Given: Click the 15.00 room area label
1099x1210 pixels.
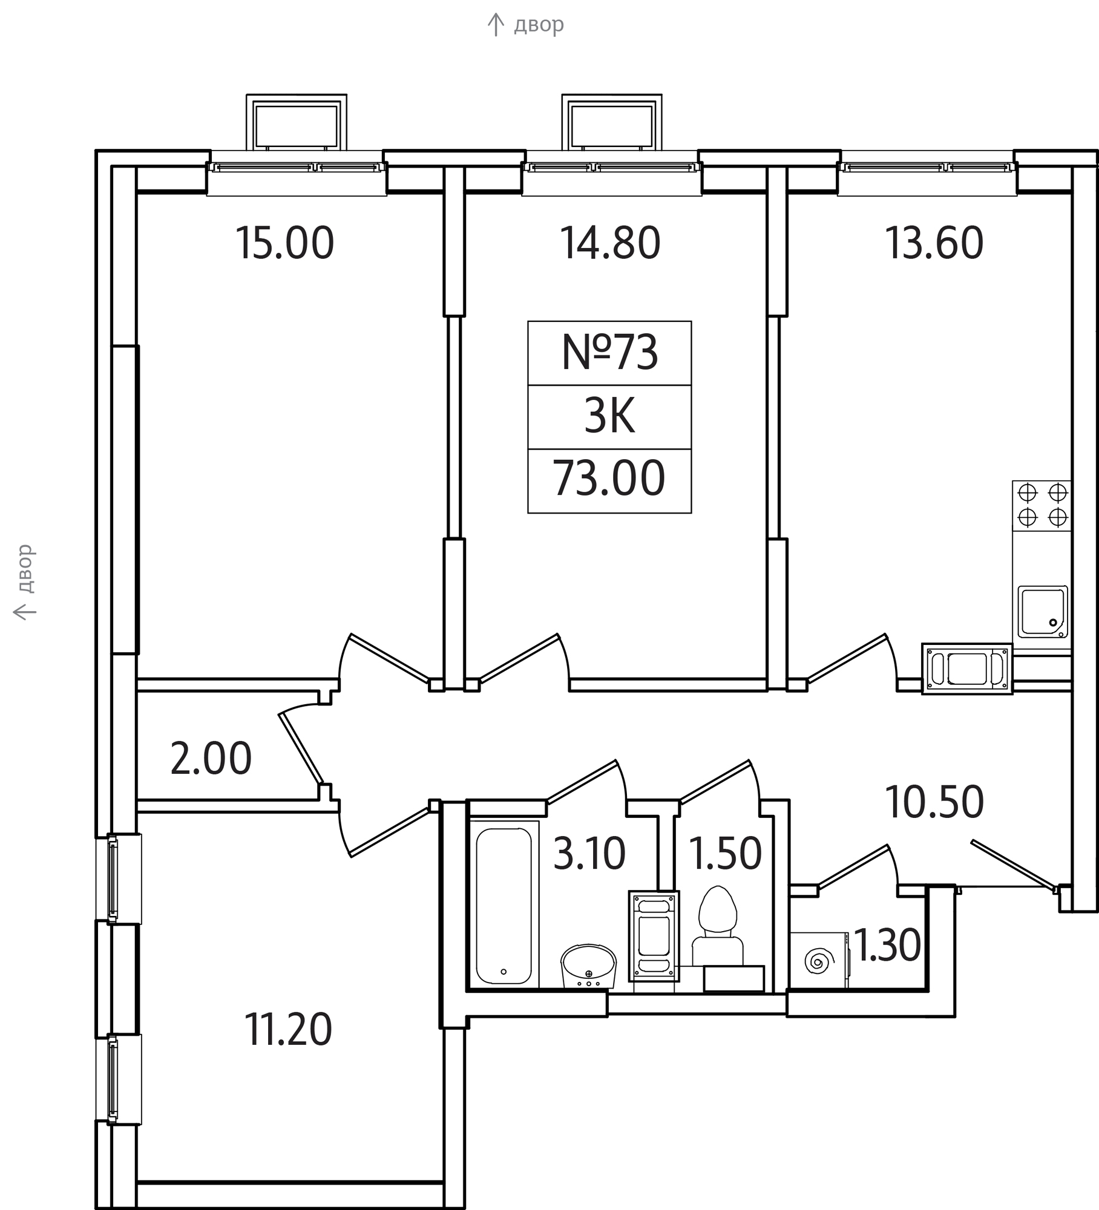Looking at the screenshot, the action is coord(284,243).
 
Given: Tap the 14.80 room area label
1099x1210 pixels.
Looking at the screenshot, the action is coord(610,243).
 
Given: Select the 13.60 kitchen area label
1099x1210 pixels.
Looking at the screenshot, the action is coord(934,243).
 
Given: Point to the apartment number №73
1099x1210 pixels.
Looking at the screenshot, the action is coord(609,353).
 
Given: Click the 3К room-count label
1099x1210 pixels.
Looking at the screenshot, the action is coord(609,417).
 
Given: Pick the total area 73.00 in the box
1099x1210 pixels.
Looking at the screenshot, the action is coord(609,479).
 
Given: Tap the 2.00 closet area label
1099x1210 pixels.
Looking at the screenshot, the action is coord(211,759).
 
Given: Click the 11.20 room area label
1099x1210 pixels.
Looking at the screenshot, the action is coord(288,1030).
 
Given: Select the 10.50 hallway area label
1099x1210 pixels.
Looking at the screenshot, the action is coord(934,802).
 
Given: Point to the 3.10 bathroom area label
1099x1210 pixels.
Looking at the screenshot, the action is coord(589,854).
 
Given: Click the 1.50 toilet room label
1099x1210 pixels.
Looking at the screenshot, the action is coord(725,854).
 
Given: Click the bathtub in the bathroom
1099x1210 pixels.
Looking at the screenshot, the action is coord(504,904).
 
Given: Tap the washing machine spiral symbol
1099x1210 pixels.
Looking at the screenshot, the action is coord(819,961).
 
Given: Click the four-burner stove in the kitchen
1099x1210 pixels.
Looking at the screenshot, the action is coord(1042,505).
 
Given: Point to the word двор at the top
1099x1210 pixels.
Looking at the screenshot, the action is coord(539,25).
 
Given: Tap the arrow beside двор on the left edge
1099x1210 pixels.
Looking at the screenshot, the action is coord(25,612).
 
